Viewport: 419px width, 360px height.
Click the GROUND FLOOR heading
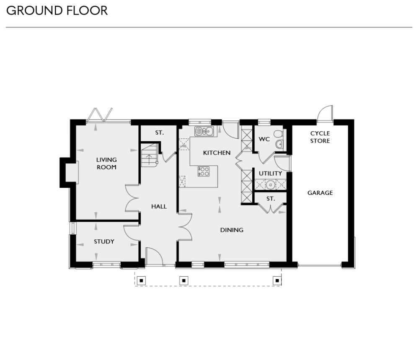point(57,10)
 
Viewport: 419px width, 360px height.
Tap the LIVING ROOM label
point(106,163)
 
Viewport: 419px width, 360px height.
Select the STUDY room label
point(104,241)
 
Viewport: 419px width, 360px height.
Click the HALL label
point(159,206)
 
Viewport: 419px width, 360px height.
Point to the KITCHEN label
point(217,153)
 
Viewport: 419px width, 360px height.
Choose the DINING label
point(232,230)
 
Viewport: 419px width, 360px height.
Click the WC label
point(264,139)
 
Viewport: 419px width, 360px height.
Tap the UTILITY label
point(270,174)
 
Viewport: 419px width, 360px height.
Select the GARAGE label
point(320,193)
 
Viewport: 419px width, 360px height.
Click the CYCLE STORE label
point(320,137)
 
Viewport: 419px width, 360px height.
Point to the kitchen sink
point(204,131)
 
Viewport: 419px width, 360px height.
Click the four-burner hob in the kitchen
point(204,171)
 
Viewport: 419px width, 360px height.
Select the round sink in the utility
point(270,184)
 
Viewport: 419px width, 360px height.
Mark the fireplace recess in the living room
point(70,172)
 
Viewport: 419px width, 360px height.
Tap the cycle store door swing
point(324,113)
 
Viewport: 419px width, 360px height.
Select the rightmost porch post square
point(277,280)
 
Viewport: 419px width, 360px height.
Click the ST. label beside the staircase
point(159,133)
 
